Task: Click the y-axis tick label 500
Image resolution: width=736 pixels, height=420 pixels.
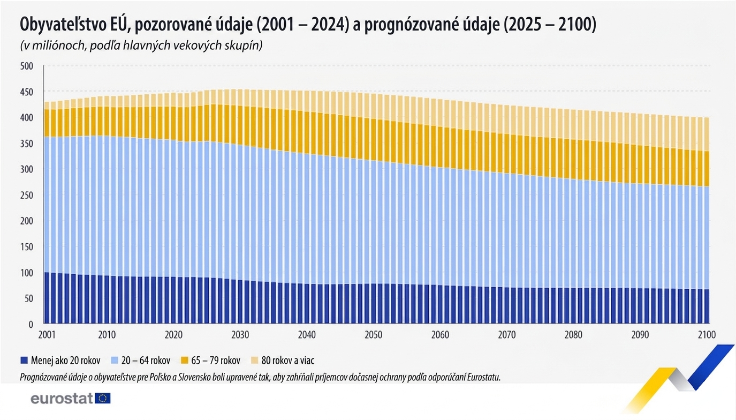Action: [26, 66]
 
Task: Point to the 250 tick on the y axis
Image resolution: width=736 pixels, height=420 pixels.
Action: [26, 195]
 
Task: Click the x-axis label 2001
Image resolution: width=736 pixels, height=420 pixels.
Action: [47, 335]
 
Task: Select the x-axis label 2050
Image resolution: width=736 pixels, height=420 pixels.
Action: [373, 335]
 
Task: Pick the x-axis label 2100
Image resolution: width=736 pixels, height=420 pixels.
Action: [707, 335]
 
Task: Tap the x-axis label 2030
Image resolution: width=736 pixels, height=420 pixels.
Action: [240, 335]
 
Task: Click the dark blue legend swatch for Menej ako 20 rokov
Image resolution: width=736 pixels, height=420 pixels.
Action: [24, 361]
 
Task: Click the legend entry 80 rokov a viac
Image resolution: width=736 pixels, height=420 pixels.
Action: [291, 361]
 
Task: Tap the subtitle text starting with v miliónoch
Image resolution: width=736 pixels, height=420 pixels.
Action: [141, 46]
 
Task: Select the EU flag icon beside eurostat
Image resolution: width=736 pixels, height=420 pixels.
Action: [103, 398]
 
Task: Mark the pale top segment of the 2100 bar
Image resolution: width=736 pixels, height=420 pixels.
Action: [707, 134]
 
